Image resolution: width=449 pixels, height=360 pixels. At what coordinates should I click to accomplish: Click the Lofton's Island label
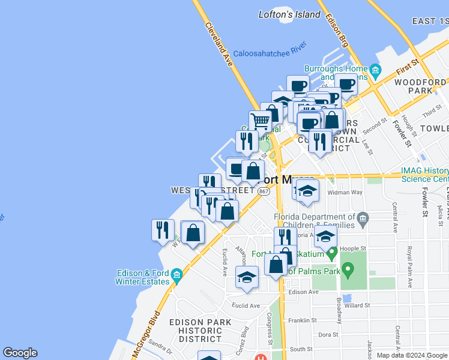[289, 14]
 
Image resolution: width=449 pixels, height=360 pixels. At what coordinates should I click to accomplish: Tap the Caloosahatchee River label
[270, 52]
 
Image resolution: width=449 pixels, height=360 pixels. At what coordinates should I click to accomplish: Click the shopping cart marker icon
[260, 121]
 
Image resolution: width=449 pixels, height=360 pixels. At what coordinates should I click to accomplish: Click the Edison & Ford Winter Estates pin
[176, 276]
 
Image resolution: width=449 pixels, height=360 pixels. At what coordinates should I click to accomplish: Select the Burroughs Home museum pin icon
[376, 71]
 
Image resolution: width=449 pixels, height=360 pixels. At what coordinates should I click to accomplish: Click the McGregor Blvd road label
[146, 334]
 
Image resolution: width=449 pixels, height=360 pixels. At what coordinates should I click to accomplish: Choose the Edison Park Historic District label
[200, 331]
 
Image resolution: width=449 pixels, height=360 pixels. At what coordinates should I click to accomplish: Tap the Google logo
[20, 353]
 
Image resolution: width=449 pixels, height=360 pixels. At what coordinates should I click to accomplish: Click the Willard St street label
[357, 305]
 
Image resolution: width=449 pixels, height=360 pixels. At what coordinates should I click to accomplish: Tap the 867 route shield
[264, 191]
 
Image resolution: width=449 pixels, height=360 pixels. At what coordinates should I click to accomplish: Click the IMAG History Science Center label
[425, 175]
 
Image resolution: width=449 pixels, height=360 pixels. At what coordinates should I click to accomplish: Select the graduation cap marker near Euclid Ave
[246, 277]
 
